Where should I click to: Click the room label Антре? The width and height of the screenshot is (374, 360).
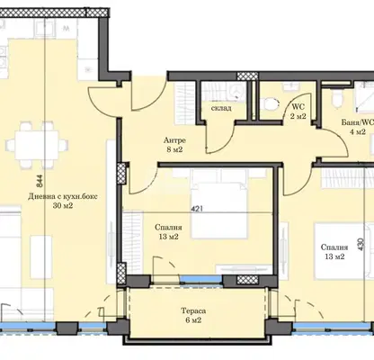point(174,140)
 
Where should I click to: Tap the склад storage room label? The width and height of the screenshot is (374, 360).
point(221,108)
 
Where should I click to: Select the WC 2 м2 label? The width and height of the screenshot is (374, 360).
point(298,112)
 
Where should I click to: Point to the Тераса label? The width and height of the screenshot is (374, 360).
point(193,310)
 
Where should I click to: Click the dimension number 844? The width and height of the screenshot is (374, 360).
point(40,181)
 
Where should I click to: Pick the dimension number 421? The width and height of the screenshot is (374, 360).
point(197,208)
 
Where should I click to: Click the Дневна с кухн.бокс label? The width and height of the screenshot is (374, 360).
point(63,197)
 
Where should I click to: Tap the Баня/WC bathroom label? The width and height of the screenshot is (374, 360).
point(358,122)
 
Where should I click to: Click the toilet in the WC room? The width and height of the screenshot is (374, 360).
point(272,103)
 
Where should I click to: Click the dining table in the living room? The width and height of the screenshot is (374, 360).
point(36,146)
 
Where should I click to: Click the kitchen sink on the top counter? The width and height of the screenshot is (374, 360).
point(45,29)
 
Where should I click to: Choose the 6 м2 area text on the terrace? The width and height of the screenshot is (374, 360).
point(193,320)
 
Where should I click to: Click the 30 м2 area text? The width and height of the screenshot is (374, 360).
point(63,206)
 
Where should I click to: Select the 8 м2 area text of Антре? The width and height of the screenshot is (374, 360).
point(174,149)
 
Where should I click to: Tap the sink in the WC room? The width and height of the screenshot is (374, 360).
point(290,85)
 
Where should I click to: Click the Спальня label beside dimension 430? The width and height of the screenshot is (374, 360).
point(334,247)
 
